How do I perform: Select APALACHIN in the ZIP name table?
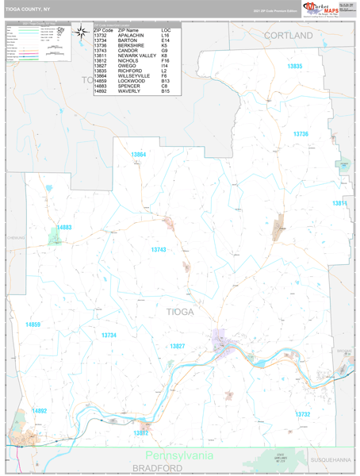(132, 36)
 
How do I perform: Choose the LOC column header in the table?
(166, 30)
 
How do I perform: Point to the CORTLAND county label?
(289, 36)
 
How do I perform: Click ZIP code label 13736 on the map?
(301, 134)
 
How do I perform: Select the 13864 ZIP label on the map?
(139, 154)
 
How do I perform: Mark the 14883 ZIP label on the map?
(64, 228)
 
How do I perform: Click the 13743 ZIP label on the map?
(159, 250)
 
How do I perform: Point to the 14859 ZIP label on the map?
(33, 324)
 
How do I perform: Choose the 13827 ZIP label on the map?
(199, 346)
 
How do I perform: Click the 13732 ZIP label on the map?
(303, 414)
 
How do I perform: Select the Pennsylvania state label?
(179, 456)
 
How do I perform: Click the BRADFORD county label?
(158, 468)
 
